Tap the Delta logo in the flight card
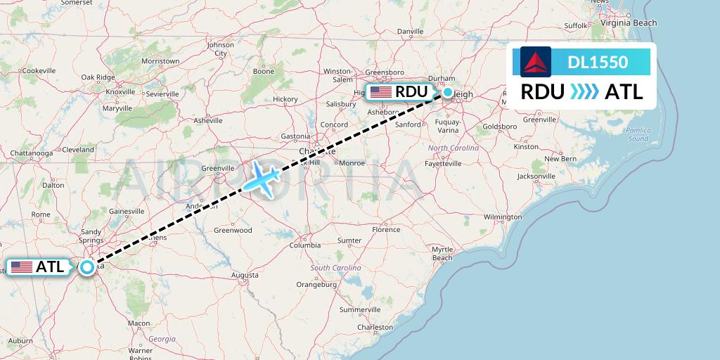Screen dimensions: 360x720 coord(536,61)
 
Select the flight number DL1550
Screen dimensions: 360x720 coord(598,62)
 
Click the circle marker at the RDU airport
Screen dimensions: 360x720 coord(448,91)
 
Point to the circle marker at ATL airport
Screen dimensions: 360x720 coord(86,267)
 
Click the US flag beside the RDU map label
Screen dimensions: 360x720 coord(381,91)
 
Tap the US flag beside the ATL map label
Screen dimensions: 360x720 coord(22,267)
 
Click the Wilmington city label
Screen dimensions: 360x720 coord(503,217)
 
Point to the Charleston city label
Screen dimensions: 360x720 coord(375,327)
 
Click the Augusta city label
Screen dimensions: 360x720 coord(244,275)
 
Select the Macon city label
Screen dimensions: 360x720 coord(139,323)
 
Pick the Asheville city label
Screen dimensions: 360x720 coord(208,120)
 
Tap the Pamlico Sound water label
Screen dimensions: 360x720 coord(638,134)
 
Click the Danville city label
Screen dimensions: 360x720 coord(410,32)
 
